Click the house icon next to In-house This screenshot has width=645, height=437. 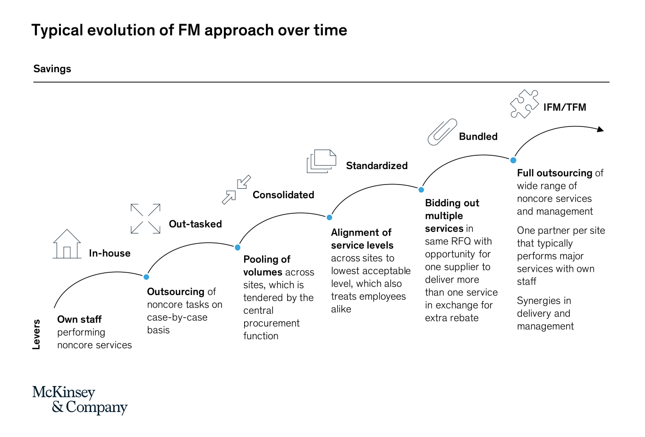(x=67, y=244)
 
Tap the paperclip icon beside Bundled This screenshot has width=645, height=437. (x=442, y=132)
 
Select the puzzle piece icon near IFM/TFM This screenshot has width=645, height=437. (x=524, y=104)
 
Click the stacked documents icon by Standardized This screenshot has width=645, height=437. (x=321, y=161)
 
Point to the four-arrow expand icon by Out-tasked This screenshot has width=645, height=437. (x=145, y=218)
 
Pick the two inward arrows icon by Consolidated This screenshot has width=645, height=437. (x=236, y=190)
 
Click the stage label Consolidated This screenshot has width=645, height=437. (x=283, y=195)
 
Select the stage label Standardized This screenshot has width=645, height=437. (x=376, y=166)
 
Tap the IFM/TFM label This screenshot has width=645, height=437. (x=564, y=107)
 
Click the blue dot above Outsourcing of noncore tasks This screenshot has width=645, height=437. (x=146, y=277)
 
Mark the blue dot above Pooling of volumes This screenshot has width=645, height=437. (x=238, y=247)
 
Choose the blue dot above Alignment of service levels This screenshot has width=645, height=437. (x=330, y=218)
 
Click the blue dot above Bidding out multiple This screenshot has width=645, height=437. (x=421, y=190)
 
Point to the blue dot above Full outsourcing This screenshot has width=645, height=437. (x=513, y=160)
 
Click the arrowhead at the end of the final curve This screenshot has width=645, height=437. (x=601, y=129)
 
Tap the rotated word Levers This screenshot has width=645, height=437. (x=36, y=334)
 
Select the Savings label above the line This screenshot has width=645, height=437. (x=52, y=69)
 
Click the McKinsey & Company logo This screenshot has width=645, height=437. (x=80, y=400)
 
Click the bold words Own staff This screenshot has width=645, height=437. (x=79, y=319)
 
